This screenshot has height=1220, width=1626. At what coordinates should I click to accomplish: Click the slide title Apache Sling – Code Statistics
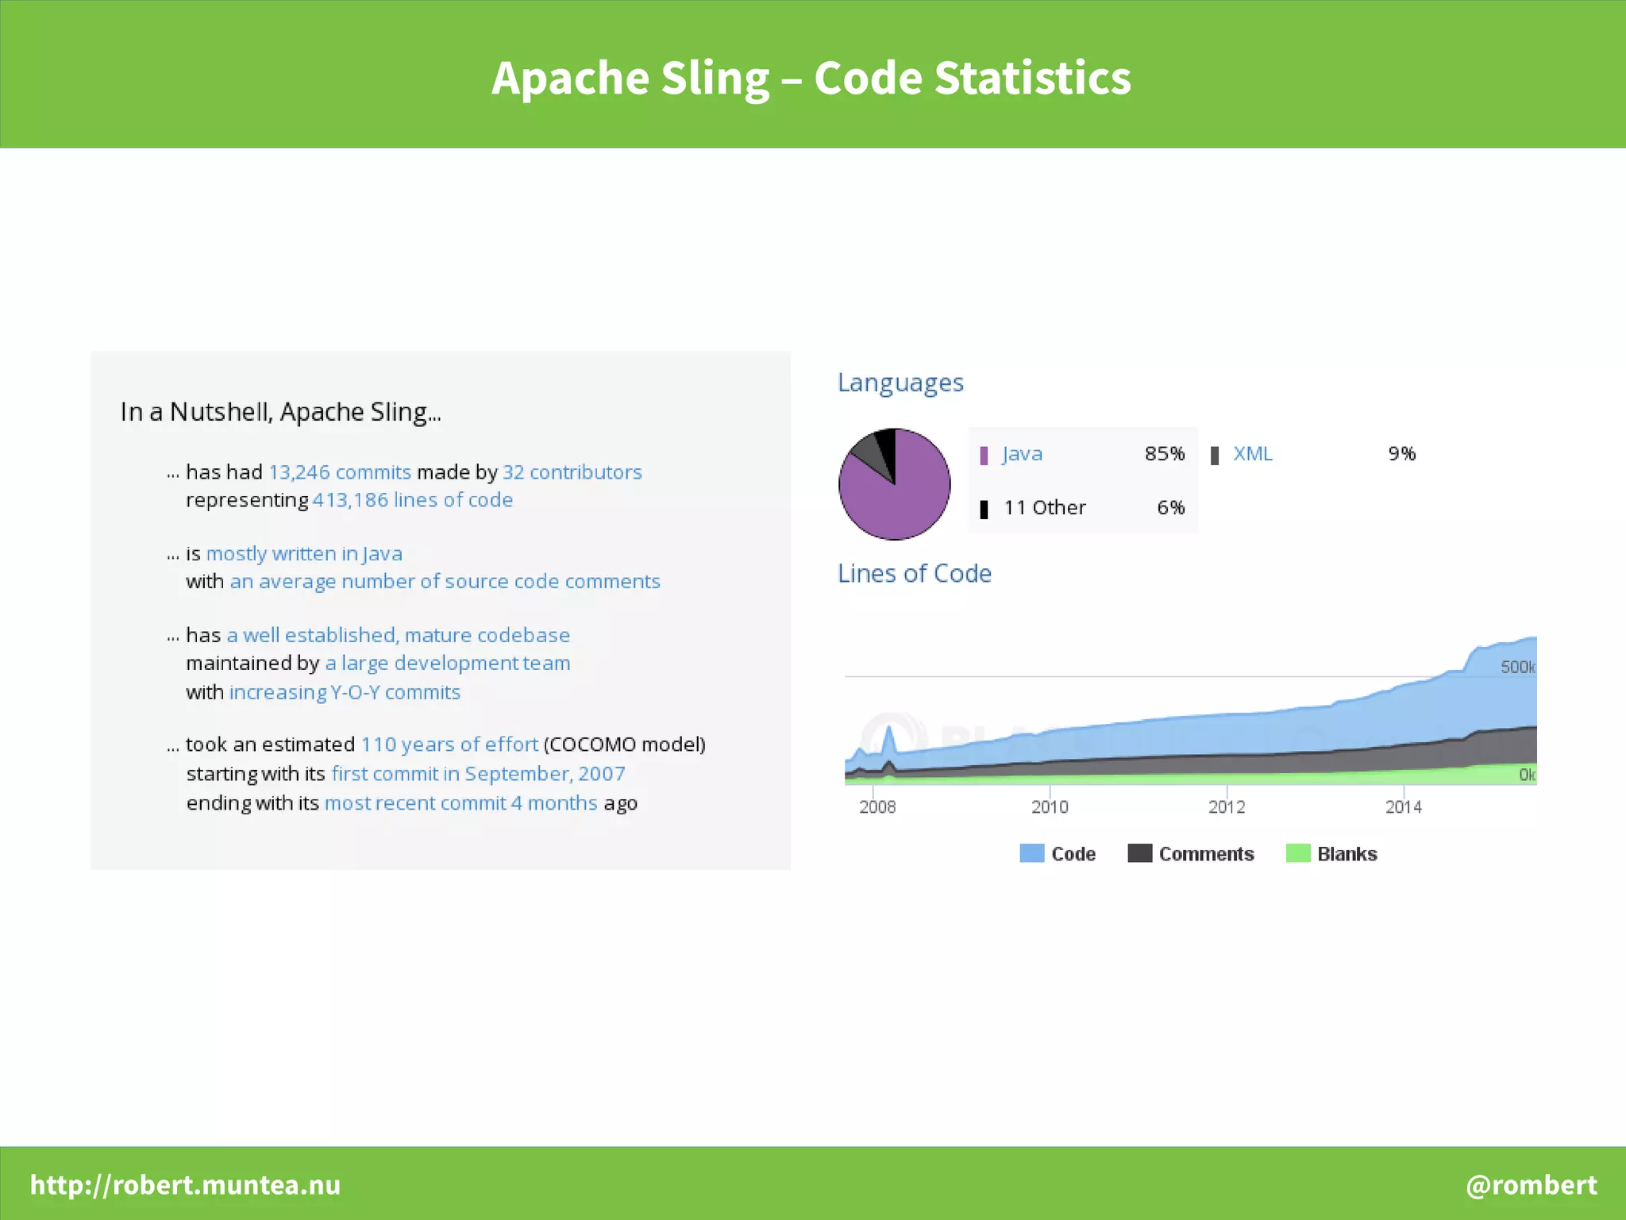pos(811,78)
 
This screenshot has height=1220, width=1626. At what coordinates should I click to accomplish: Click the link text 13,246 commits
pos(339,472)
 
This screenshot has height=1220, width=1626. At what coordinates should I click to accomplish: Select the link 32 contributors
pos(572,472)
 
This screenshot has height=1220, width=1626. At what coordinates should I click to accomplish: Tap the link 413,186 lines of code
pos(412,500)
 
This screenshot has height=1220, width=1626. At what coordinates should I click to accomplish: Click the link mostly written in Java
pos(304,553)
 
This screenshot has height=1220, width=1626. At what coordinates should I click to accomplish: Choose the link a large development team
pos(447,663)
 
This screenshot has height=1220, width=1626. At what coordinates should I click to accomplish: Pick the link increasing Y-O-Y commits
pos(345,692)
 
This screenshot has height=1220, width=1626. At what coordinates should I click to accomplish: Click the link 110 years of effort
pos(449,745)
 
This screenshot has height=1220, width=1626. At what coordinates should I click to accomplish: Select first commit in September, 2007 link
pos(478,773)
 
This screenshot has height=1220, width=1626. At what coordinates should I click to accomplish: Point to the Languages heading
pos(900,383)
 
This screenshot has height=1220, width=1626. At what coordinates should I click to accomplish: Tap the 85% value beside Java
pos(1164,454)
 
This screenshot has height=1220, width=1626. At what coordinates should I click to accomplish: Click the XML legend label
pos(1252,454)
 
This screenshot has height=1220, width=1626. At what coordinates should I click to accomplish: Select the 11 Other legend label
pos(1044,508)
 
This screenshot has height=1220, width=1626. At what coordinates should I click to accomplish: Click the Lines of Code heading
pos(914,573)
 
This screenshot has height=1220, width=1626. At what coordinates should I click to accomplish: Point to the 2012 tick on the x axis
pos(1226,806)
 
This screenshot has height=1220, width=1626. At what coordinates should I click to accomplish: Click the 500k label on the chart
pos(1517,667)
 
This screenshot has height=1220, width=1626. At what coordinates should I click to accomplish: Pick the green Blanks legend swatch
pos(1297,853)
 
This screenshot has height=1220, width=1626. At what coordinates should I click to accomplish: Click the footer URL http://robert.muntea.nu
pos(185,1184)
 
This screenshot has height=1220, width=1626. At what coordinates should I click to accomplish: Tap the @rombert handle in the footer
pos(1531,1184)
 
